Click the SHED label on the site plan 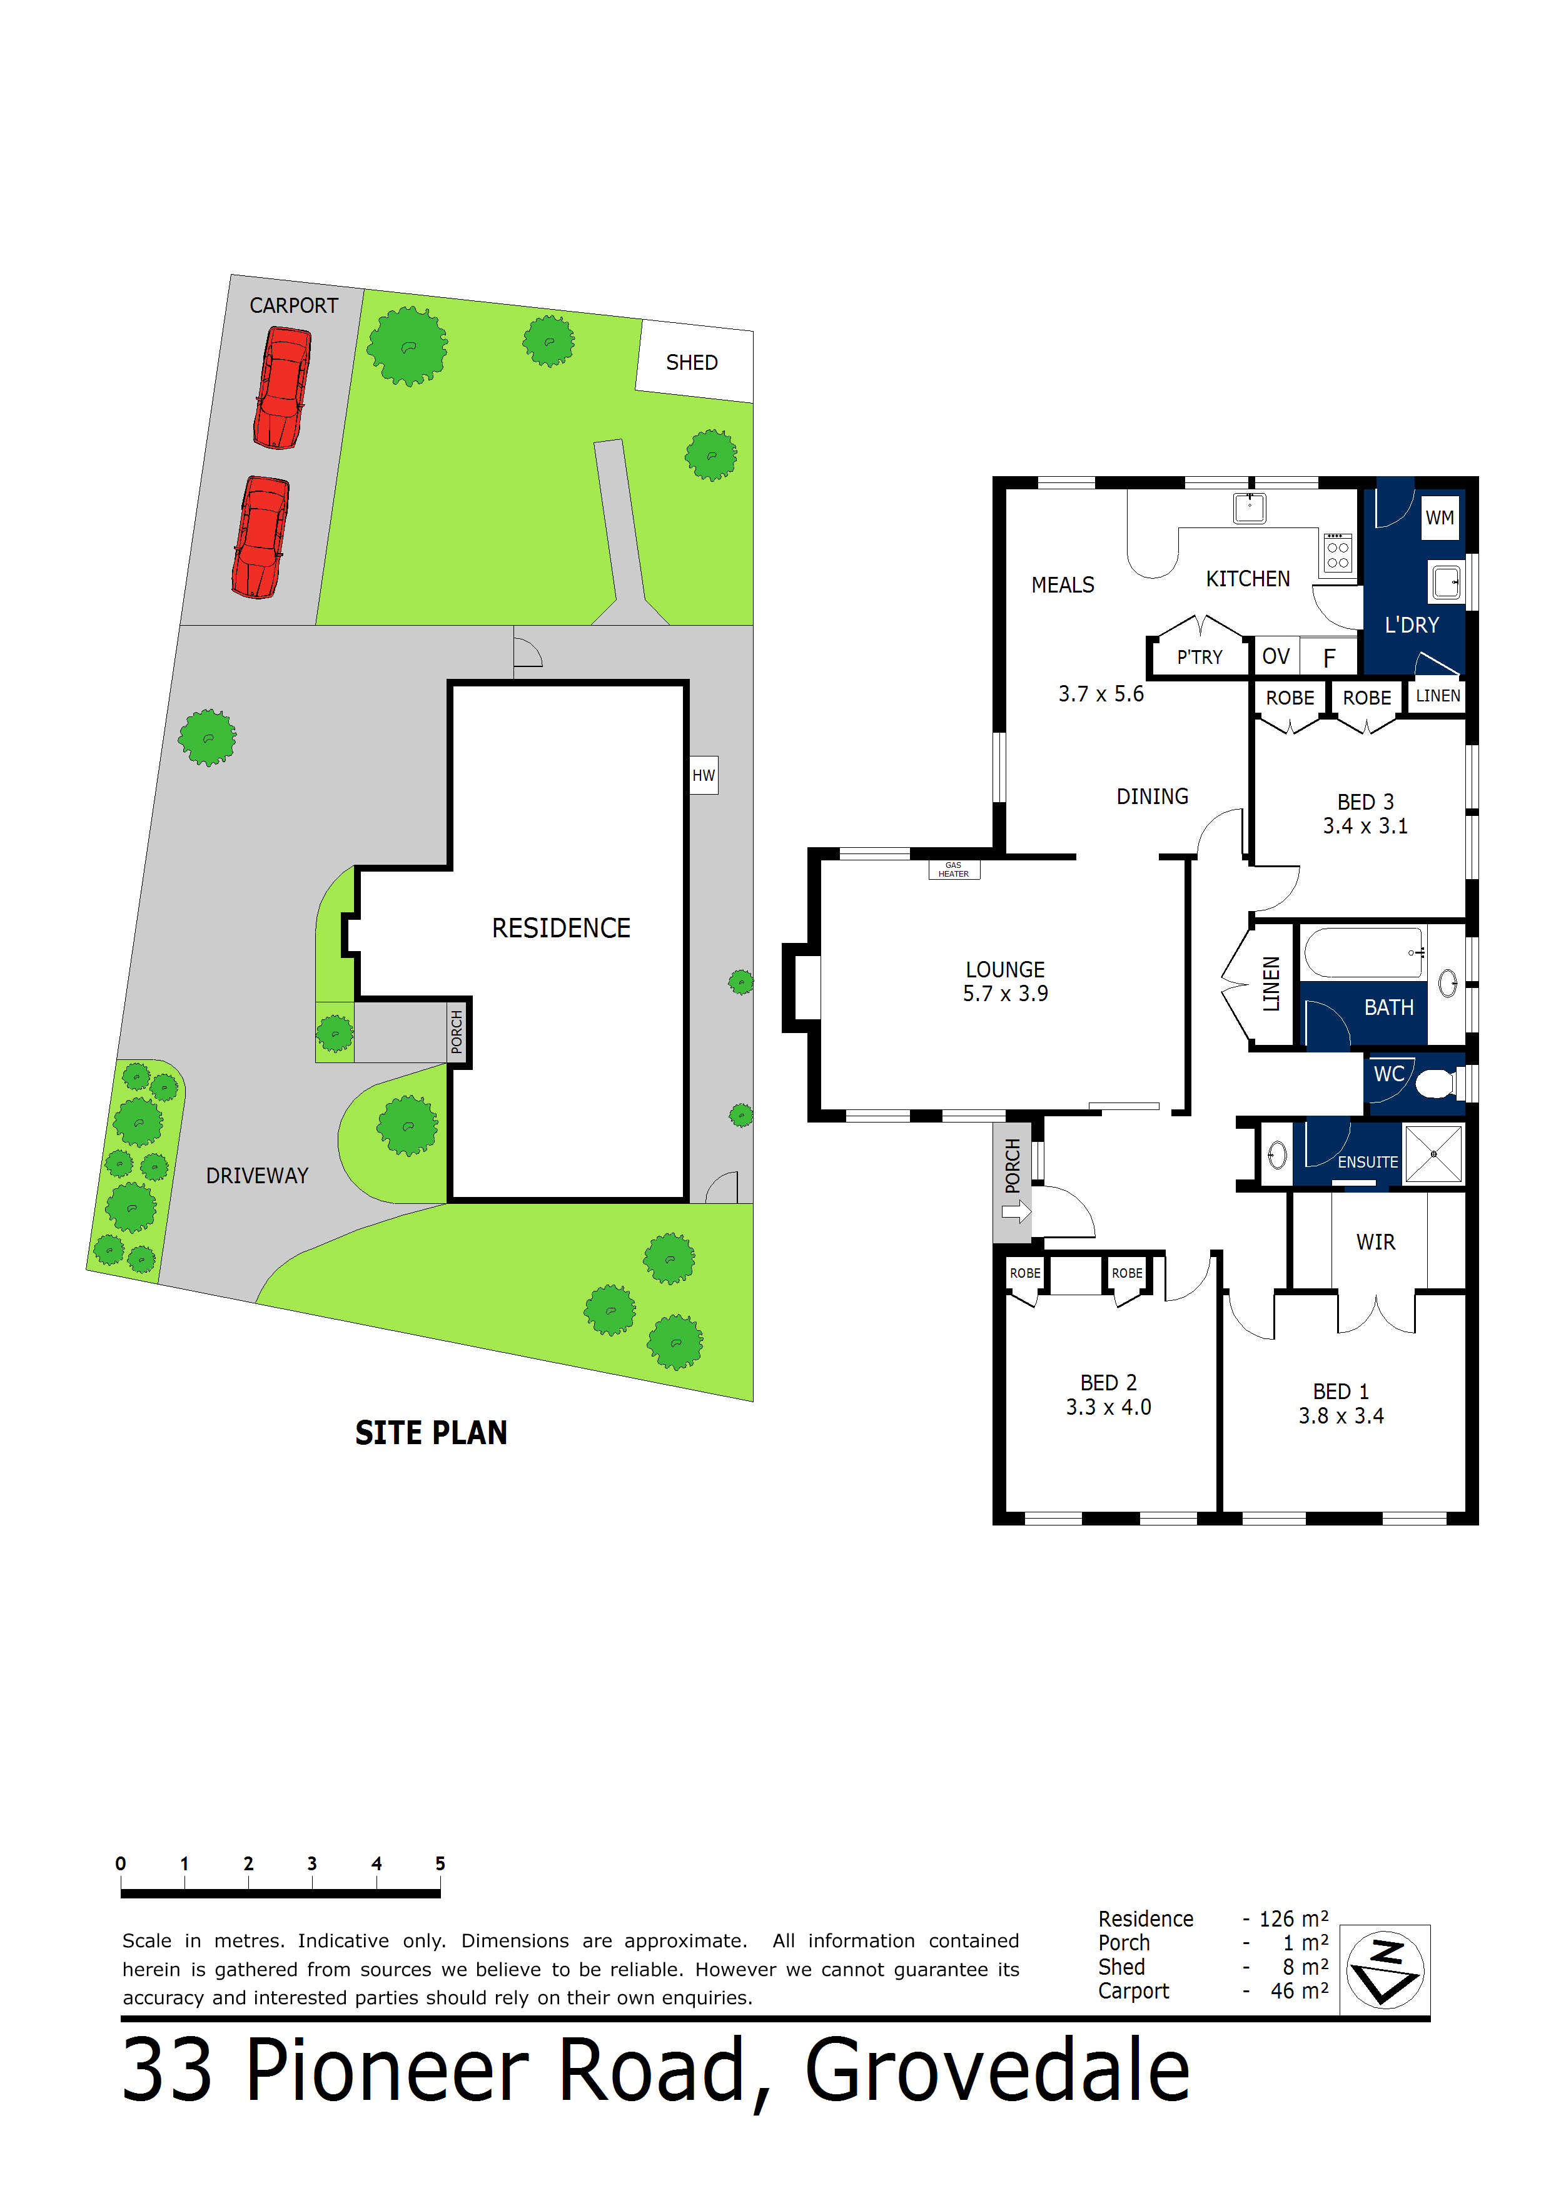point(691,362)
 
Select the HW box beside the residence point(704,775)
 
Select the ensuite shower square point(1433,1154)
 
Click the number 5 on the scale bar point(440,1863)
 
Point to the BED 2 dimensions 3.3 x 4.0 point(1109,1407)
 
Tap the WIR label point(1375,1242)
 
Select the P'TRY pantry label point(1200,657)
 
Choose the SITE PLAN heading point(431,1432)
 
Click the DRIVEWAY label point(257,1175)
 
